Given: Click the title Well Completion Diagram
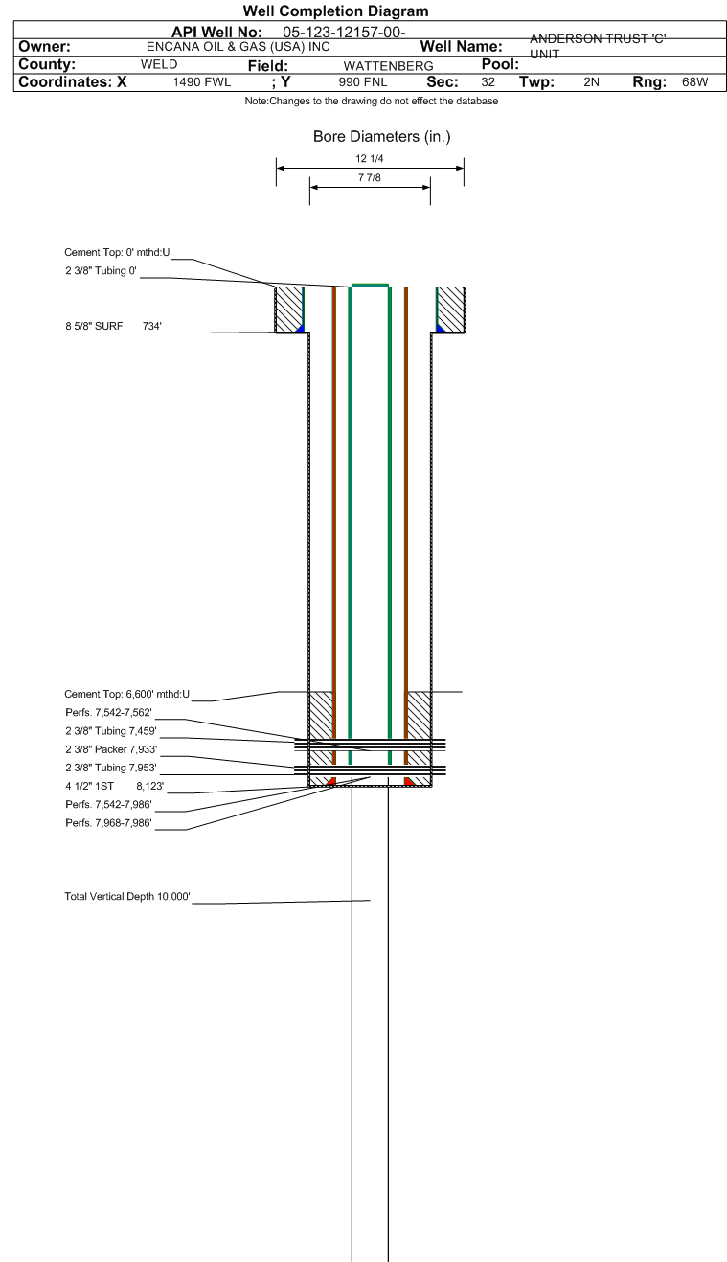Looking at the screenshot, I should (x=335, y=11).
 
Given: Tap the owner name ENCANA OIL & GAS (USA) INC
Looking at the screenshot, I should (x=238, y=47).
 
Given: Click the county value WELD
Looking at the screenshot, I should (x=158, y=65).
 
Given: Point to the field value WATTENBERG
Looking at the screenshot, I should (x=388, y=66).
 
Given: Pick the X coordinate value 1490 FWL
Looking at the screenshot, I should (x=202, y=82).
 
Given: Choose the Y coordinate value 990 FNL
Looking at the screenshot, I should (x=363, y=82).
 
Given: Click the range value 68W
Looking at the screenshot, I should (x=694, y=82).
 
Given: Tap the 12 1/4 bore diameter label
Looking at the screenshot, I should (x=370, y=159).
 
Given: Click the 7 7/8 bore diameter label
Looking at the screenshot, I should (x=370, y=178).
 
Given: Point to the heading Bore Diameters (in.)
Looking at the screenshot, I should (x=381, y=137).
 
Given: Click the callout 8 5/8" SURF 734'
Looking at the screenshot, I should (x=113, y=327).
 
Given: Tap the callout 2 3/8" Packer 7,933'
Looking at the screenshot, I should (x=110, y=749).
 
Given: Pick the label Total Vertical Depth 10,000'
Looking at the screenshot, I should (x=127, y=897).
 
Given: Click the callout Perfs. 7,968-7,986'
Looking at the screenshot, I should (x=108, y=823).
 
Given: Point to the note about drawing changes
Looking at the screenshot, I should (x=371, y=102).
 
